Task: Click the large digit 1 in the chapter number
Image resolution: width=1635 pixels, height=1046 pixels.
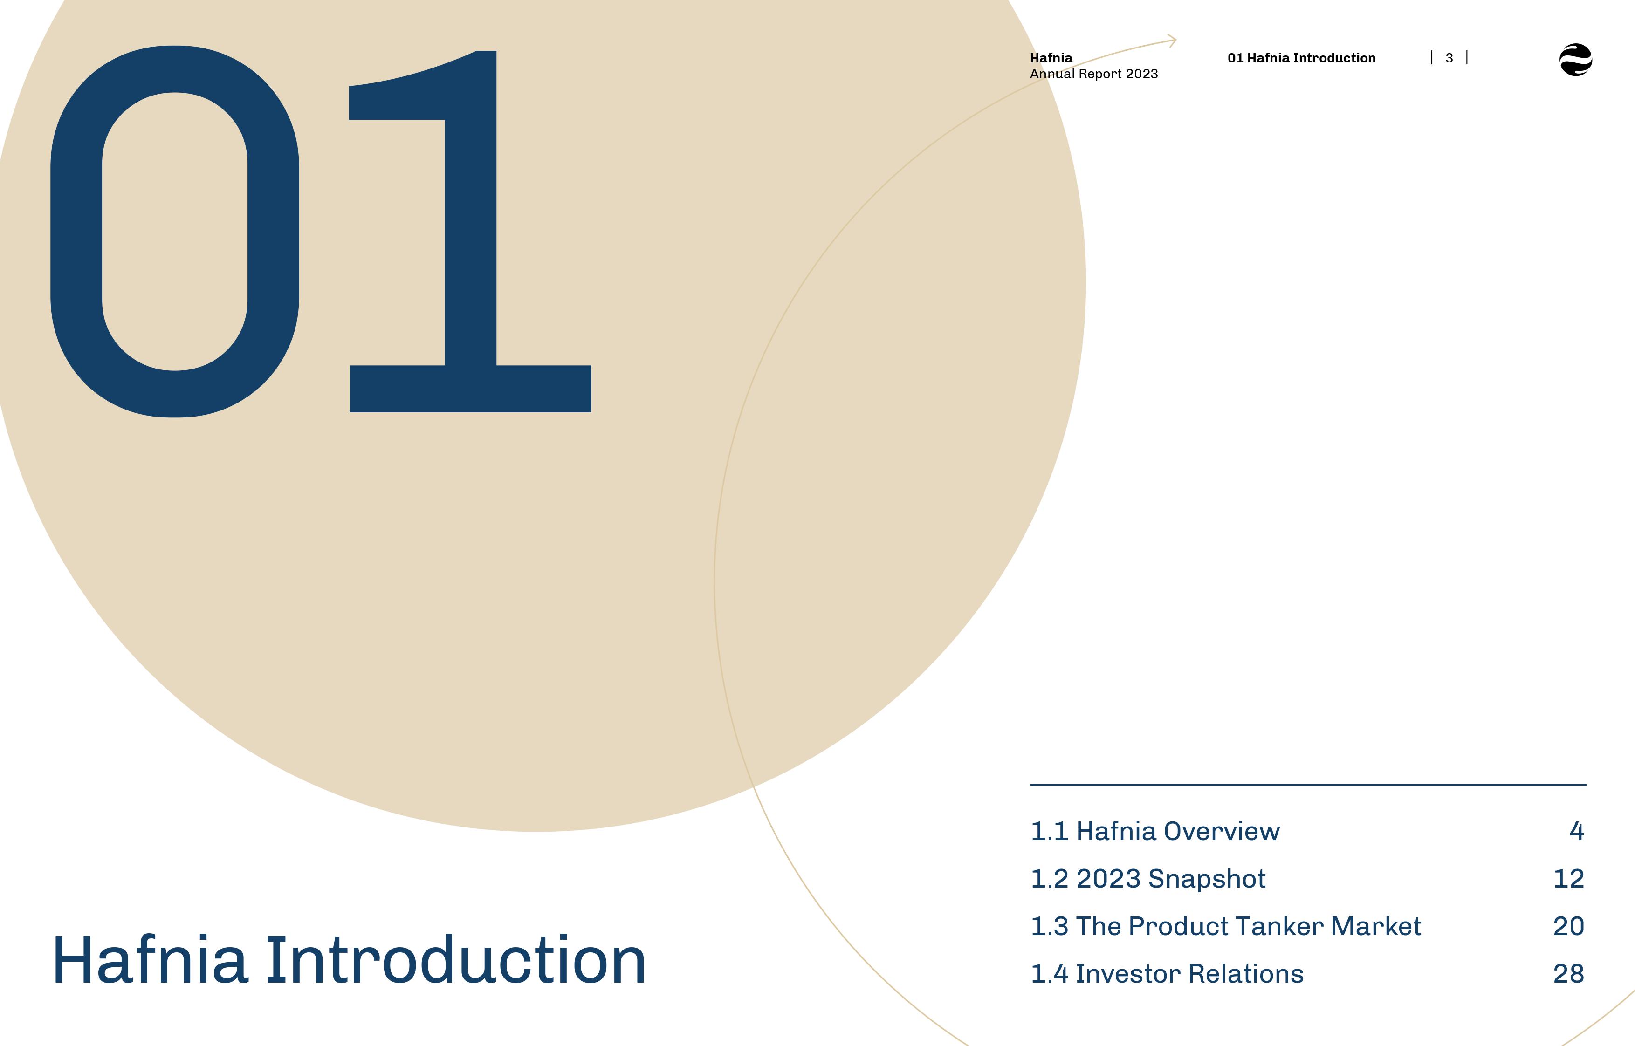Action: click(471, 231)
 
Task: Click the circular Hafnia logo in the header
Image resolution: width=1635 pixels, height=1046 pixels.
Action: click(1575, 60)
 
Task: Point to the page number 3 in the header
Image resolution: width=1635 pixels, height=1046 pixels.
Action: click(1449, 58)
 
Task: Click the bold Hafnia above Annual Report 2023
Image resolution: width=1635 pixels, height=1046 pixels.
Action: click(1051, 58)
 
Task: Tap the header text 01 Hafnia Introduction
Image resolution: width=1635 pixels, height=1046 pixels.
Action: click(1301, 58)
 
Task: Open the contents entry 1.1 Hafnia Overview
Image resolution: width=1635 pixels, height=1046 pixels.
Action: click(1155, 831)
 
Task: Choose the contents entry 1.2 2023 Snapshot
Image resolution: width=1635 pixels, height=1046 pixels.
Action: click(1148, 879)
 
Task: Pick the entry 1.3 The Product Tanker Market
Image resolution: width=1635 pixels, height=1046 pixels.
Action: click(1225, 926)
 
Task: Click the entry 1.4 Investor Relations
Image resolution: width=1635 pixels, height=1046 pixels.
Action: click(1167, 974)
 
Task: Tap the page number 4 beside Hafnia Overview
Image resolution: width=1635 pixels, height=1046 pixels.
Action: click(1577, 831)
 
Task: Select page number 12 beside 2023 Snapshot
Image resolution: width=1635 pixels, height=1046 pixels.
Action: click(1568, 879)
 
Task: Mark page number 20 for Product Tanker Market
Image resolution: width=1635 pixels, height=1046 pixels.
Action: click(1568, 926)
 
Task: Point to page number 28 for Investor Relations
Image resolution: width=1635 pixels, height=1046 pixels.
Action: click(1568, 974)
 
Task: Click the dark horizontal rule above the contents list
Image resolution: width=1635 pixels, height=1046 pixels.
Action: click(1308, 785)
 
